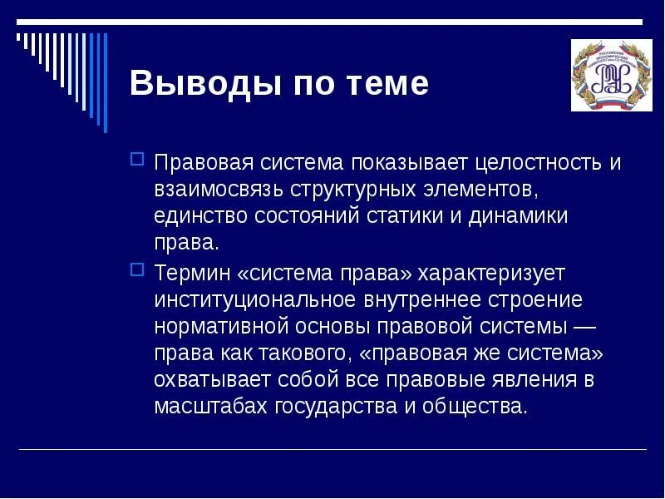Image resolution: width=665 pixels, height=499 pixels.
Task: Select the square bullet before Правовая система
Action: click(138, 158)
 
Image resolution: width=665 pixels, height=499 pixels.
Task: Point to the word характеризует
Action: click(491, 272)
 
